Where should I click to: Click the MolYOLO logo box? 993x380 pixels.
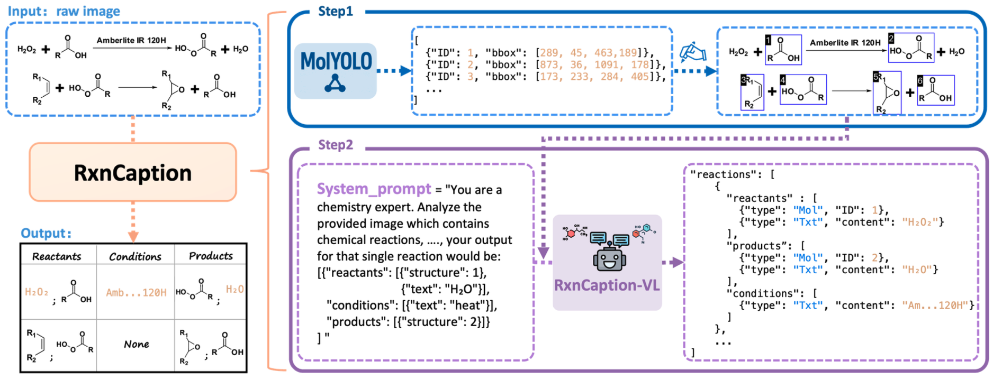(335, 71)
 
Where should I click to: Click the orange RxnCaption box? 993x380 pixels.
(132, 172)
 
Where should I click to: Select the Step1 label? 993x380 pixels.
(335, 11)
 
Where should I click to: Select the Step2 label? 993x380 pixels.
(335, 145)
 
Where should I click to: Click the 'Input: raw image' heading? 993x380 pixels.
(64, 11)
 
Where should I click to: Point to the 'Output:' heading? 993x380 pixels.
(46, 233)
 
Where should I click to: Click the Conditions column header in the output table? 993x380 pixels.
(135, 256)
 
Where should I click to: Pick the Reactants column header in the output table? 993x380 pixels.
(57, 256)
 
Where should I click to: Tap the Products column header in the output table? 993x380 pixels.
(211, 256)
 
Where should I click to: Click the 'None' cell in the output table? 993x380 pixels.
(136, 344)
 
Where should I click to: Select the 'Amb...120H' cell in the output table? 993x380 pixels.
(136, 292)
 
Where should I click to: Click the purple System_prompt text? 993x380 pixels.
(374, 189)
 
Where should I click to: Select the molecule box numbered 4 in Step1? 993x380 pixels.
(803, 90)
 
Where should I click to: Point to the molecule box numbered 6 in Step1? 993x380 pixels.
(935, 90)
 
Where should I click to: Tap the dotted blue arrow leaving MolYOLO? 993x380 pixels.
(394, 71)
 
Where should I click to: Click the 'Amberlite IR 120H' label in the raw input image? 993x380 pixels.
(131, 40)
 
